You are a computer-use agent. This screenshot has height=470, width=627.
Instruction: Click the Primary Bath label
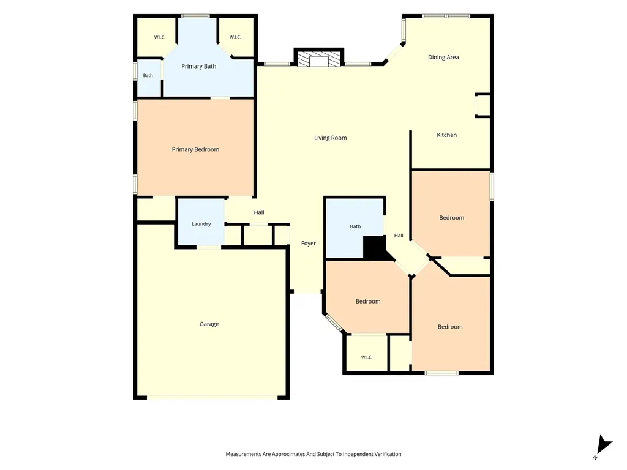tap(199, 66)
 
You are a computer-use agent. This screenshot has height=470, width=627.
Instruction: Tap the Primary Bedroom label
tap(195, 149)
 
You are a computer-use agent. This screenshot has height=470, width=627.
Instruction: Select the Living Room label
tap(330, 138)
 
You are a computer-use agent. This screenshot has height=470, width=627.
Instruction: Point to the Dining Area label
tap(443, 57)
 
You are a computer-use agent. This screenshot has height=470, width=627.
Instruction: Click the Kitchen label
tap(446, 135)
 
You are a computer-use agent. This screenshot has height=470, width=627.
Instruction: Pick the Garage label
tap(209, 324)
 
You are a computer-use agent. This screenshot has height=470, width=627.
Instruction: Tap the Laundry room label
tap(201, 224)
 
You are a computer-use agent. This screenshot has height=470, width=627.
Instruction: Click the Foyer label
tap(309, 244)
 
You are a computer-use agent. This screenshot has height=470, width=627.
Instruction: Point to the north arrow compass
tap(603, 446)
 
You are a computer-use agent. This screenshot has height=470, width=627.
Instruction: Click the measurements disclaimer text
tap(313, 454)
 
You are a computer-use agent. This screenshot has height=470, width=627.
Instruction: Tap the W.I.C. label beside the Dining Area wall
tap(235, 37)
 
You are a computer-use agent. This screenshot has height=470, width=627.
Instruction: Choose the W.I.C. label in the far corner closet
tap(160, 37)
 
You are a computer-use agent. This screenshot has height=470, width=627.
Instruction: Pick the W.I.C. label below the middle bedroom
tap(367, 357)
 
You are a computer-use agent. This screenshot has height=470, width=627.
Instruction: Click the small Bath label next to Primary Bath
tap(148, 75)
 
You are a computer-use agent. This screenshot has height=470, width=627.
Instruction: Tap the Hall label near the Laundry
tap(259, 212)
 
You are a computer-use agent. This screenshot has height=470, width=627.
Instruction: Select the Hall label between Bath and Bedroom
tap(399, 236)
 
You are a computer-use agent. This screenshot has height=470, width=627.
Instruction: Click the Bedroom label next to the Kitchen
tap(452, 218)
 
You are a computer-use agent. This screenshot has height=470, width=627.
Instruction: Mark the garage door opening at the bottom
tap(212, 398)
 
